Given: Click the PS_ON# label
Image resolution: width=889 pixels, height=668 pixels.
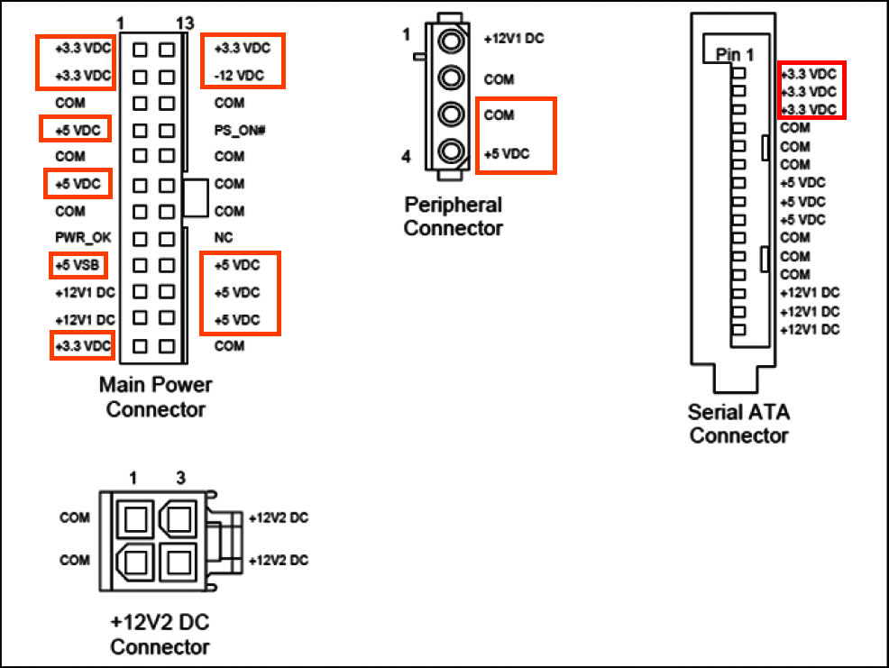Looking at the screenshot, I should [238, 131].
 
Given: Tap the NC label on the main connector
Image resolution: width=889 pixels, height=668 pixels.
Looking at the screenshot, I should [225, 239].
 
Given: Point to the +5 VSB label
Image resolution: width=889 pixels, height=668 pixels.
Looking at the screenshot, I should [77, 266].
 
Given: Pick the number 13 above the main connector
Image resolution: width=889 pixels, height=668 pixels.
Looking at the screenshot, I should [184, 23].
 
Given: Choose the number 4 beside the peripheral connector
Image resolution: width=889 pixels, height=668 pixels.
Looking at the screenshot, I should [406, 158].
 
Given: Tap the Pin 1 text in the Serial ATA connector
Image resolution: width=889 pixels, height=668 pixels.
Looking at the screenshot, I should [733, 54].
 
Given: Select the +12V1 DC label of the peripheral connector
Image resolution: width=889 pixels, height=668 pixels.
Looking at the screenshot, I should [514, 40].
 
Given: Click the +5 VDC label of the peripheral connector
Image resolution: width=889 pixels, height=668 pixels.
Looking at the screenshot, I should [505, 154].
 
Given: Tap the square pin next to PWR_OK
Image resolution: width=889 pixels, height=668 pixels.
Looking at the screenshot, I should [141, 240].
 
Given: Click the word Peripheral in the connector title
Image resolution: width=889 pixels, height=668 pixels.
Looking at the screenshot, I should [453, 205].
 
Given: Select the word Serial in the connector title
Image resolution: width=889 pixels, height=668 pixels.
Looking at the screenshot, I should [713, 413].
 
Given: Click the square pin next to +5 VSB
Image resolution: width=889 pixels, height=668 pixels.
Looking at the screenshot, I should [141, 266].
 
